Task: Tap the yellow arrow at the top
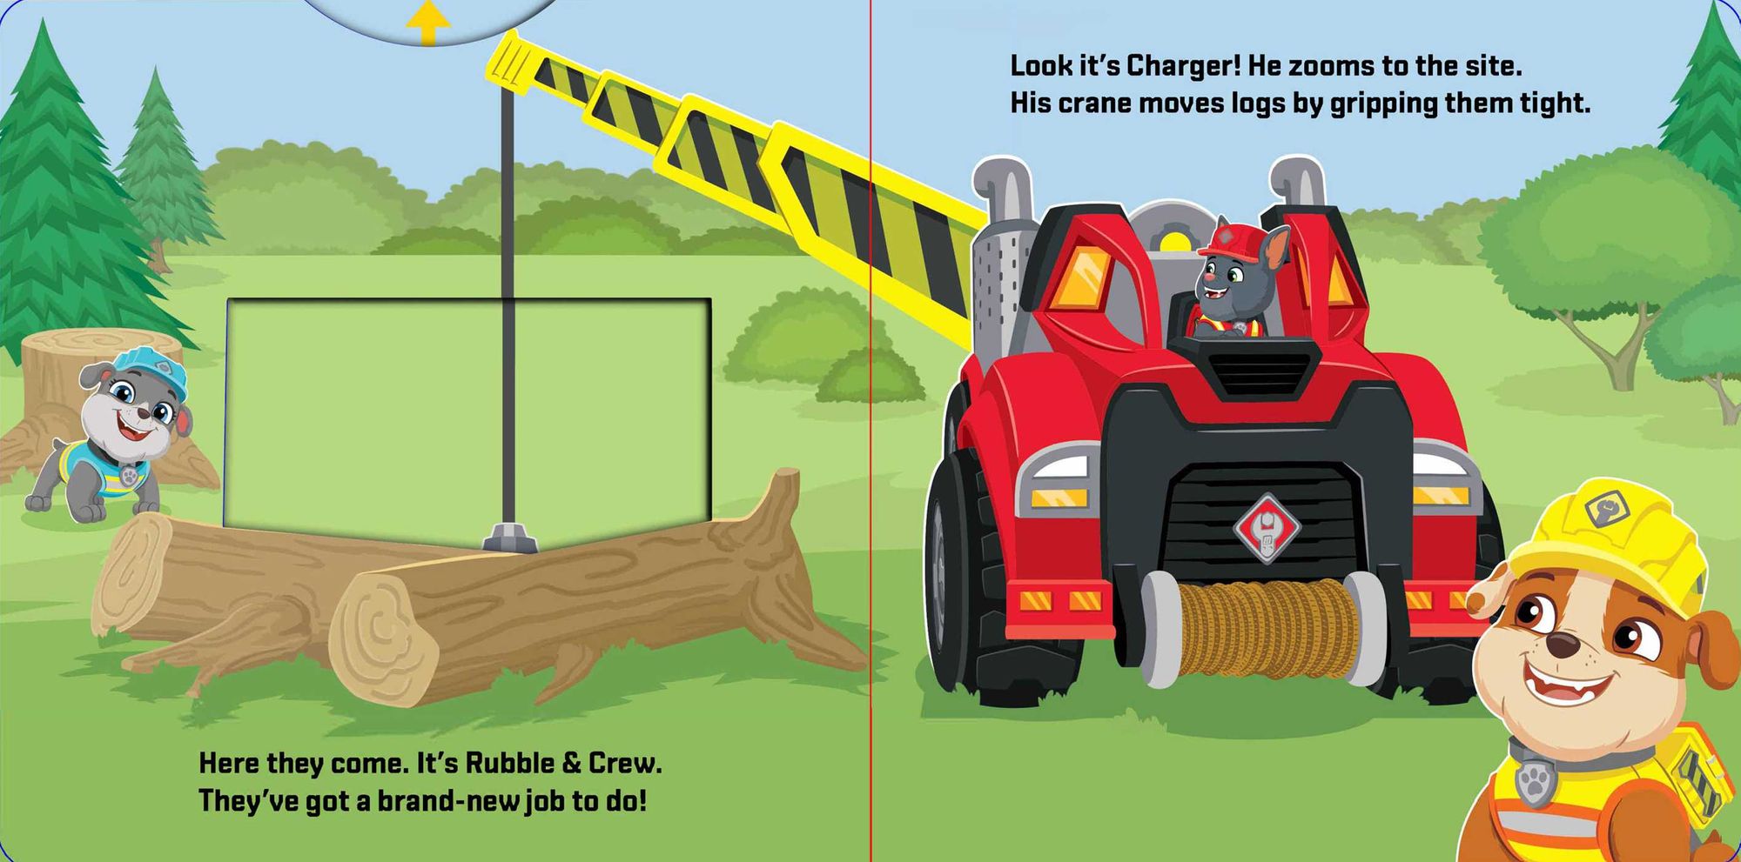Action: [427, 23]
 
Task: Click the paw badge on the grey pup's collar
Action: [130, 476]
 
